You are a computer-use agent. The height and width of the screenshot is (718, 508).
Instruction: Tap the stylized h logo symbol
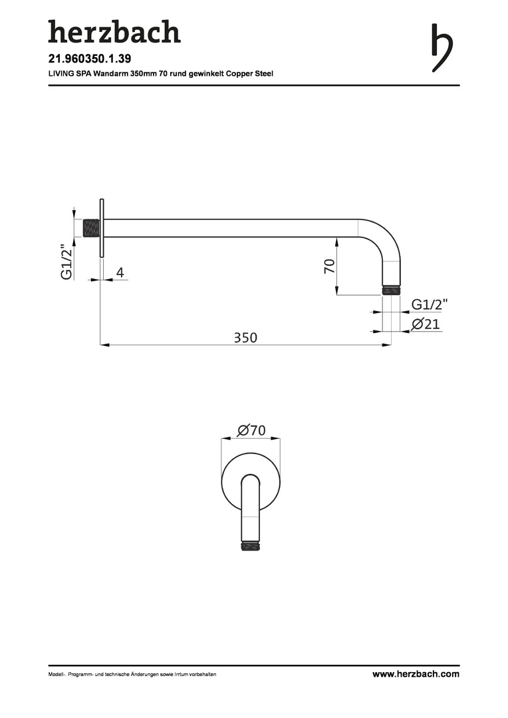coord(442,48)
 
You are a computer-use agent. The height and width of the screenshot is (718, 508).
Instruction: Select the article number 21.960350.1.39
coord(86,59)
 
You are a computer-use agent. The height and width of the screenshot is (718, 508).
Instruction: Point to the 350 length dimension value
coord(245,338)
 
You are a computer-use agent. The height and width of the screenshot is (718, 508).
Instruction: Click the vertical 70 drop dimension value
coord(329,266)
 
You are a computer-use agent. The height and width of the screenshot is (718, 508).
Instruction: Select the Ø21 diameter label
coord(426,324)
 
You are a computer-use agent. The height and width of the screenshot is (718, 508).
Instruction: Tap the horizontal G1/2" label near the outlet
coord(430,304)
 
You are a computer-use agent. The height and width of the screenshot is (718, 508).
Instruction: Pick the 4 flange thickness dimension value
coord(120,273)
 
